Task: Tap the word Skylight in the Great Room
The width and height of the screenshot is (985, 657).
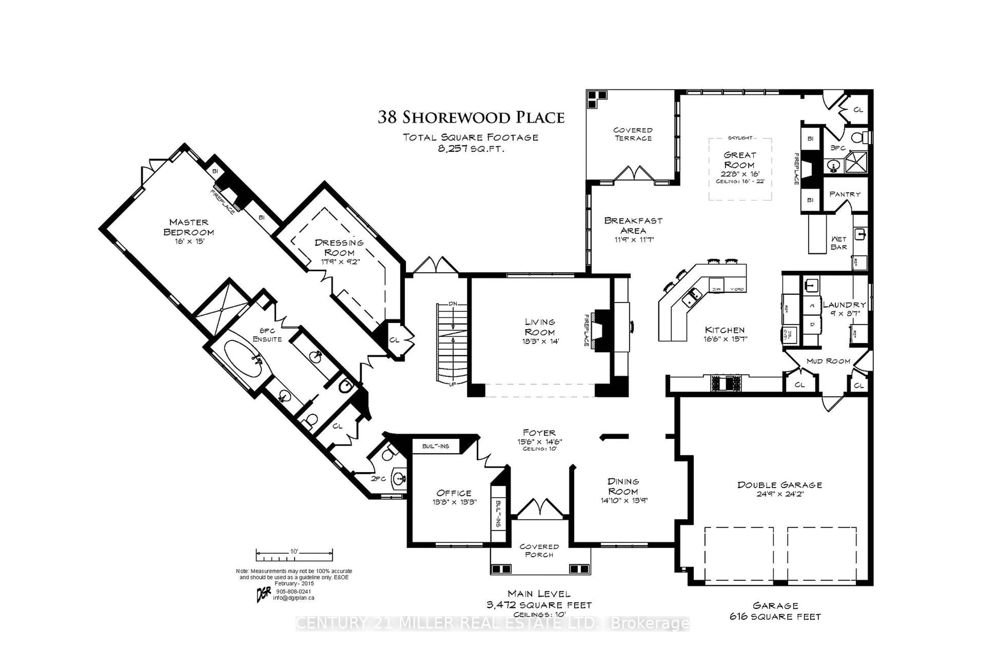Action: point(740,138)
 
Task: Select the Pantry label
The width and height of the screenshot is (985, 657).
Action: point(844,194)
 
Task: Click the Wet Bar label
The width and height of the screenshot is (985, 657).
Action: point(839,243)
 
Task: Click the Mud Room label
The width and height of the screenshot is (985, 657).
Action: point(828,361)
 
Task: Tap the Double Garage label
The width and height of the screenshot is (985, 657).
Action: point(780,485)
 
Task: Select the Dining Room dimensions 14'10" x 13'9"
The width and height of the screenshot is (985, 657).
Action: point(624,500)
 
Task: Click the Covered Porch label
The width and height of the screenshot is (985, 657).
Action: point(539,551)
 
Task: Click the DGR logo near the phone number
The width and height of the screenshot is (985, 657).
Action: point(263,594)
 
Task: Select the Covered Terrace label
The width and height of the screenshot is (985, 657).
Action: point(633,134)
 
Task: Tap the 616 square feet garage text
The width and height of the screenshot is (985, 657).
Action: point(775,617)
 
